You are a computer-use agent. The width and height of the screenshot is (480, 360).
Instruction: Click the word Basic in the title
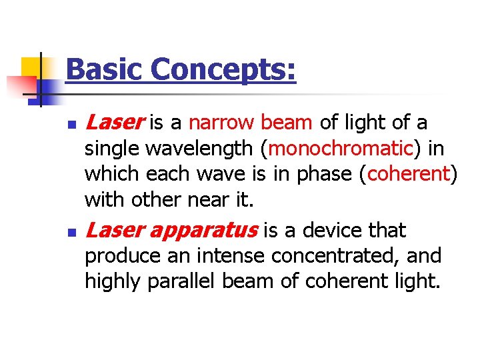click(105, 69)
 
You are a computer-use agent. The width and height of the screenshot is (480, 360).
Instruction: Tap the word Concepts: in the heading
click(223, 69)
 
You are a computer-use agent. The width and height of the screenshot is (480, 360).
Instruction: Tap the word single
click(111, 149)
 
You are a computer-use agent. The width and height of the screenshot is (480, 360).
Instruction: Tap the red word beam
click(286, 123)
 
